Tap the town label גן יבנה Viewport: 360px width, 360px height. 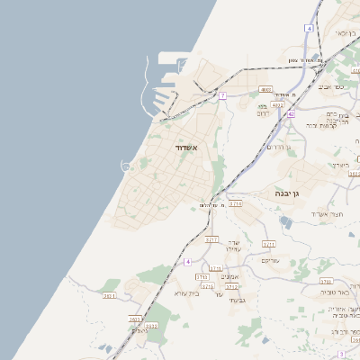(x=296, y=193)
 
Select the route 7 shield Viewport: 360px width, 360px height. (x=222, y=94)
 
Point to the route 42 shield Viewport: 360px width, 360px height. (x=291, y=114)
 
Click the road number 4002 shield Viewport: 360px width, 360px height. (x=265, y=90)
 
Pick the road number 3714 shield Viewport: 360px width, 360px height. (x=235, y=204)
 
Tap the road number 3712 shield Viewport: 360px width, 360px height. (x=231, y=287)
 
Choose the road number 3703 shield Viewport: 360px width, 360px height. (x=325, y=282)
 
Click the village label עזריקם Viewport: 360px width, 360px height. (x=270, y=260)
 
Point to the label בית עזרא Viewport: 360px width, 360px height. (x=185, y=293)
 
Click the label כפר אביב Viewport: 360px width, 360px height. (x=331, y=87)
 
